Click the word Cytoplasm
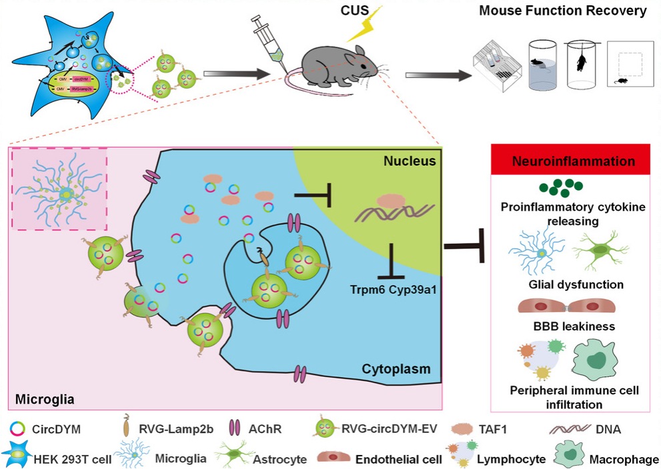pos(396,369)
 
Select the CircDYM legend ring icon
pos(18,429)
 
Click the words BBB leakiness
pos(568,327)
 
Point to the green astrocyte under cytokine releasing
pos(601,250)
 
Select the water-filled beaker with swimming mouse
pos(542,67)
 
